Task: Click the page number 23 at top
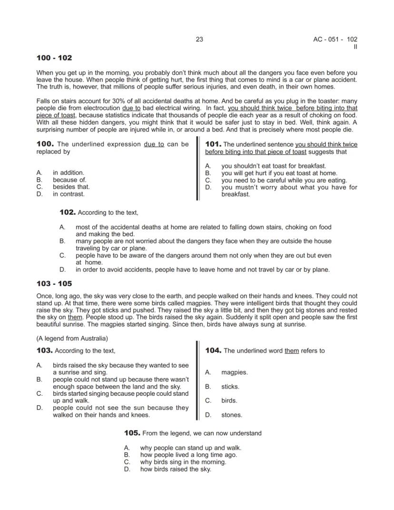(x=199, y=40)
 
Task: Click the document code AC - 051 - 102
(x=332, y=40)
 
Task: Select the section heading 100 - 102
(x=54, y=58)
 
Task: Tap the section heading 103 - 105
(x=54, y=284)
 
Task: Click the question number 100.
(x=45, y=144)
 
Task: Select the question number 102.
(x=68, y=212)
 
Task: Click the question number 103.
(x=45, y=350)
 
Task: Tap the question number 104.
(x=213, y=350)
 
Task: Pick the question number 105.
(x=132, y=433)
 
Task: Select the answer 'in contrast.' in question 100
(x=69, y=194)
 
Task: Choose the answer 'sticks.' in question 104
(x=230, y=387)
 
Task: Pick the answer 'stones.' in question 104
(x=231, y=415)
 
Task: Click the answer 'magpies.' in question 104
(x=234, y=372)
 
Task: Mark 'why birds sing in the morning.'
(x=183, y=462)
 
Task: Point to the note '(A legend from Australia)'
(x=72, y=339)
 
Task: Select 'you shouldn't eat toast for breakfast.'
(x=273, y=166)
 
